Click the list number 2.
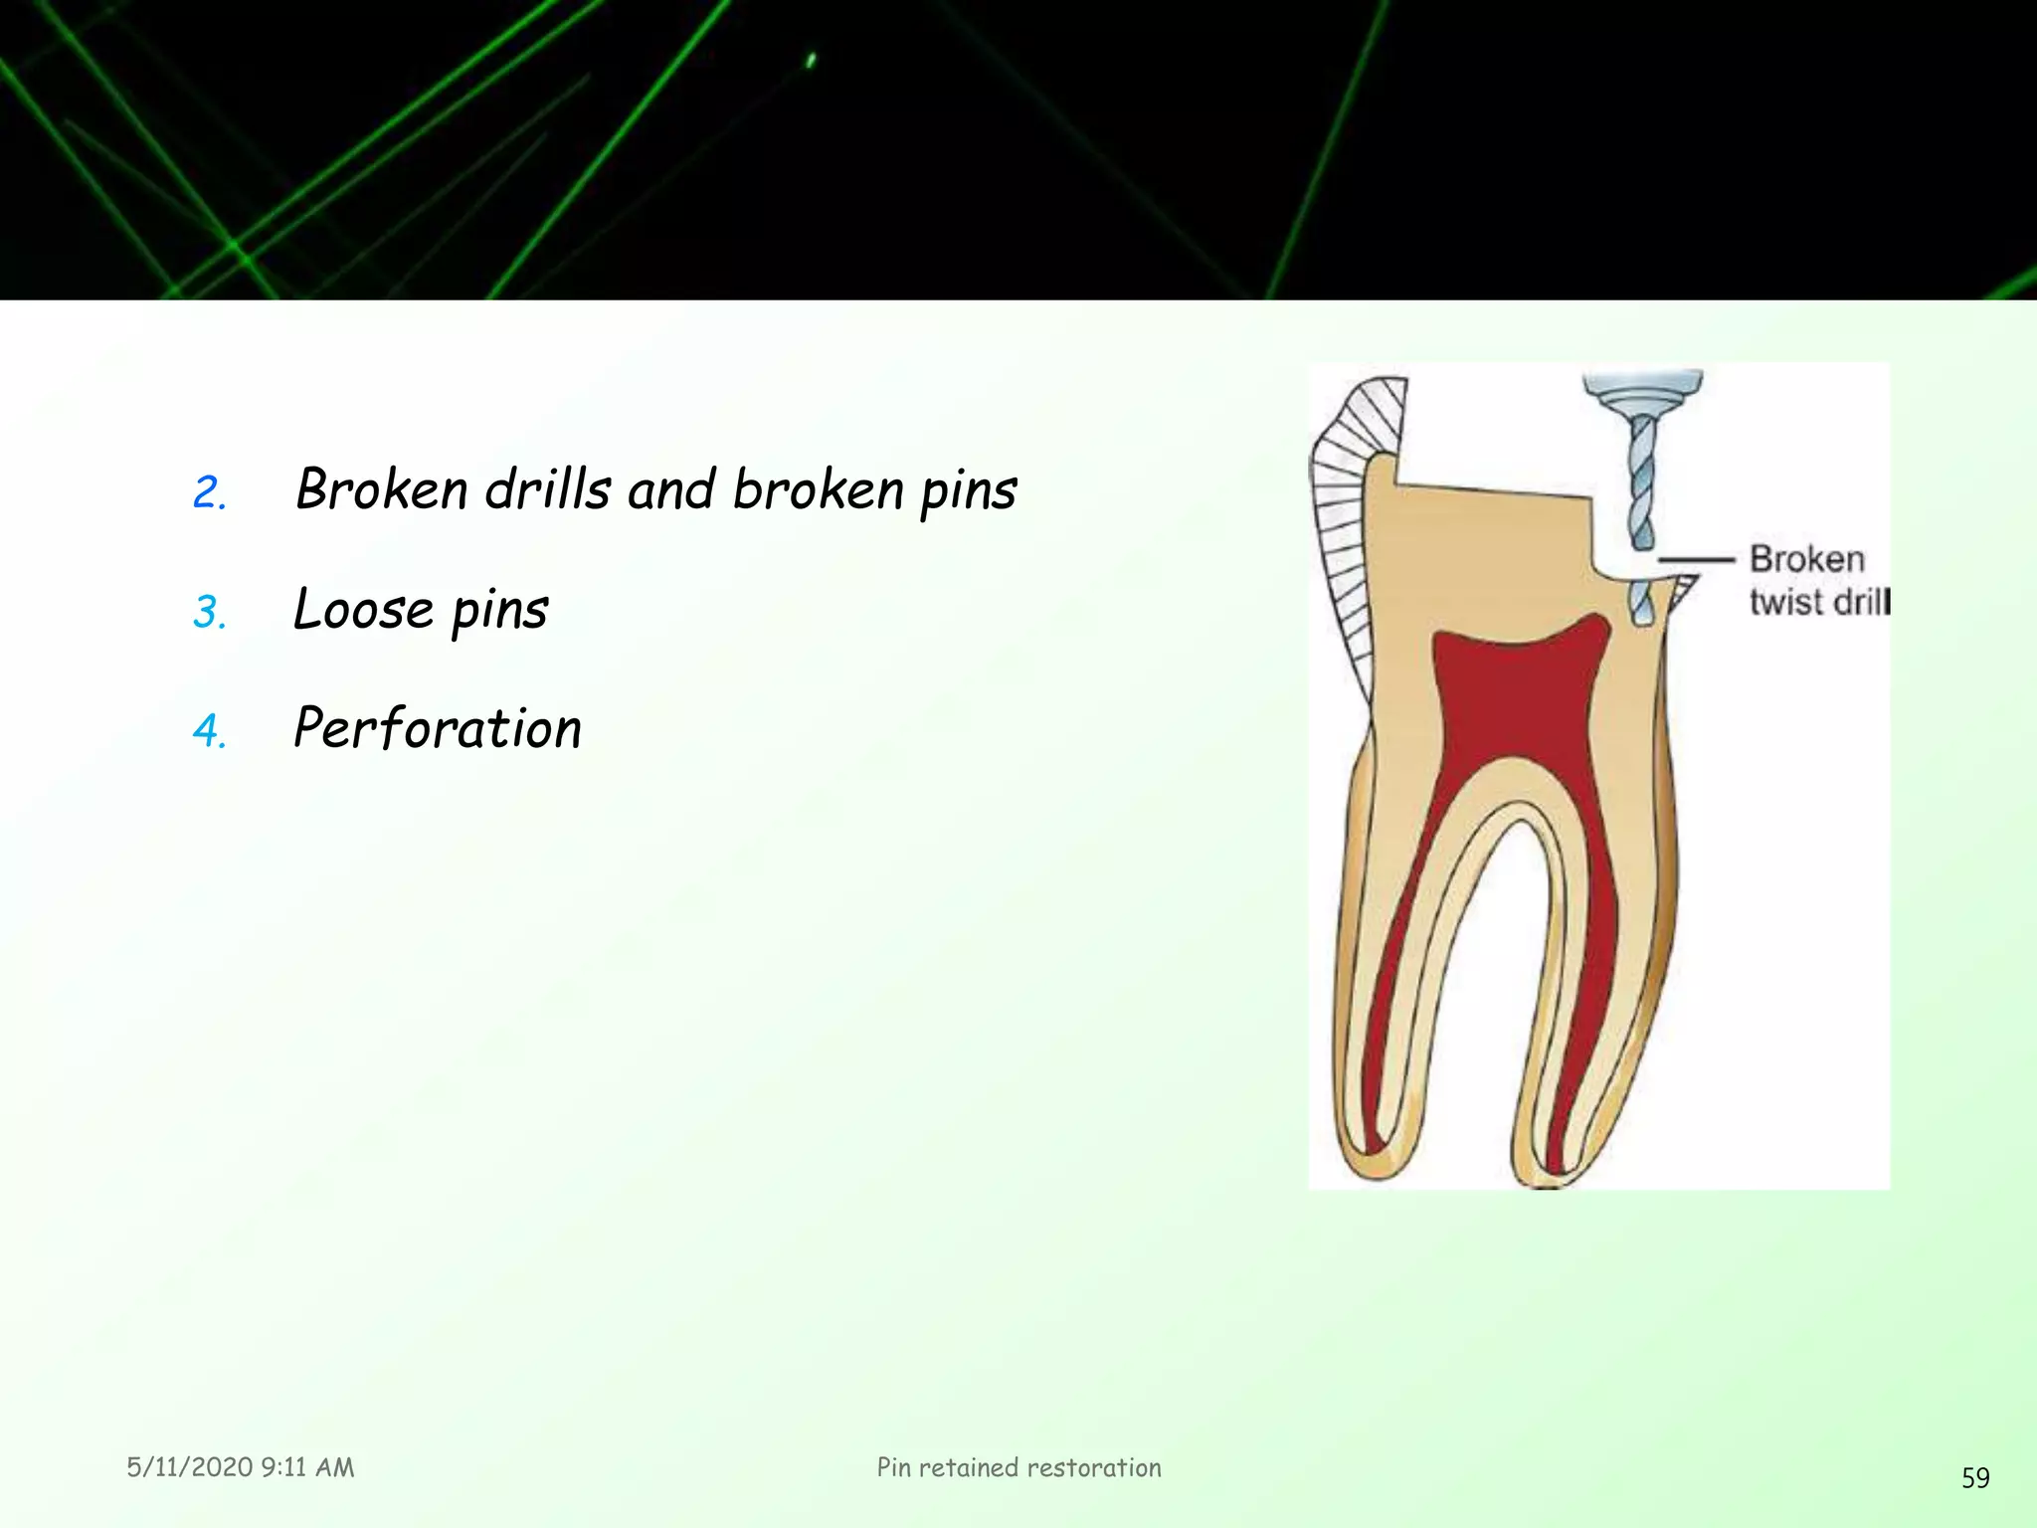(x=208, y=492)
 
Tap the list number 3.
(x=208, y=612)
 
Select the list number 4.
(x=208, y=731)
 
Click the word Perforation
(x=438, y=728)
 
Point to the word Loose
(x=364, y=609)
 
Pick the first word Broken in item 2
(x=382, y=489)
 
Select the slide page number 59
(x=1975, y=1478)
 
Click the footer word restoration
(x=1093, y=1467)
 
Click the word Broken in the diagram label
(x=1806, y=559)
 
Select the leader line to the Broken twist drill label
(x=1695, y=560)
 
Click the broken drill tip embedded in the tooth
(x=1642, y=603)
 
